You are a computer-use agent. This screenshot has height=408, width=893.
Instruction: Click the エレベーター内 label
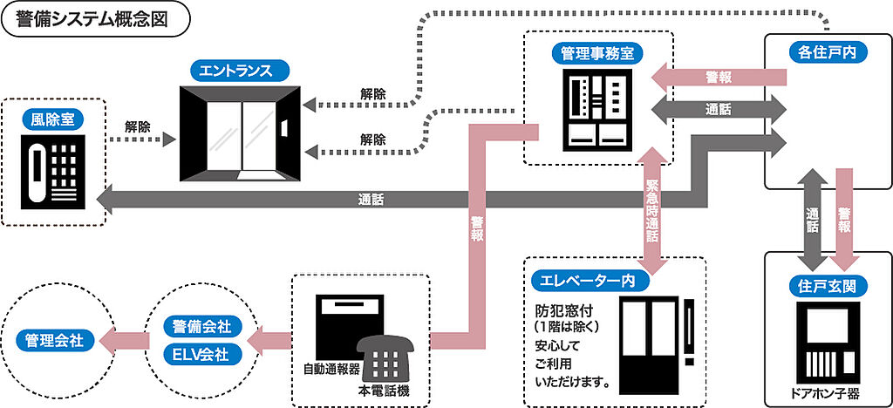pos(589,281)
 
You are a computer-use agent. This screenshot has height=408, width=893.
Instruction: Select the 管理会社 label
pos(54,339)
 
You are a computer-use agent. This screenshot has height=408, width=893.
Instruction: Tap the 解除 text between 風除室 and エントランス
pos(137,126)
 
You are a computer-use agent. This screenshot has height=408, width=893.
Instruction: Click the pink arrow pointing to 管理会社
pos(118,339)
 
